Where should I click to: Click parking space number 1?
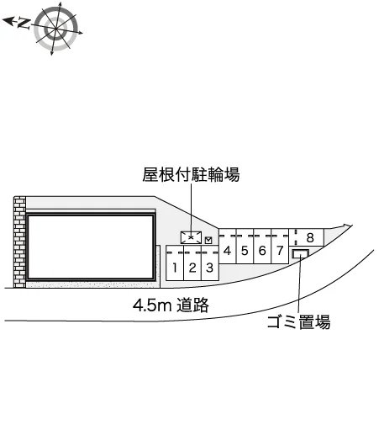click(175, 263)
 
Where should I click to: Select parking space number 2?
click(192, 263)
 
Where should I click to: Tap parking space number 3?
click(210, 263)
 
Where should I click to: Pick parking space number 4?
click(227, 247)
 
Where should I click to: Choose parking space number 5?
click(245, 247)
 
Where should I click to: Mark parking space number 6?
click(262, 247)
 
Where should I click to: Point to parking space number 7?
click(280, 247)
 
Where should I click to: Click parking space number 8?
click(307, 237)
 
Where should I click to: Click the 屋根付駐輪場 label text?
click(191, 174)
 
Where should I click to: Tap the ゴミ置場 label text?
click(298, 322)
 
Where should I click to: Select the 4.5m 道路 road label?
click(171, 305)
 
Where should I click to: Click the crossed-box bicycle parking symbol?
click(192, 237)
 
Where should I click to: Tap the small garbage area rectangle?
click(300, 254)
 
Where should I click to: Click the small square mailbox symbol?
click(208, 241)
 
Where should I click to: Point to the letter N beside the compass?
click(24, 24)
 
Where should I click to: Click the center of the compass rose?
click(55, 29)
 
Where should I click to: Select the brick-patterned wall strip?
click(19, 242)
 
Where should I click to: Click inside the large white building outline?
click(91, 247)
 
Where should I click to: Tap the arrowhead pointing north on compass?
click(8, 21)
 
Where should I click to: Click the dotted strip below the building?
click(93, 284)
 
